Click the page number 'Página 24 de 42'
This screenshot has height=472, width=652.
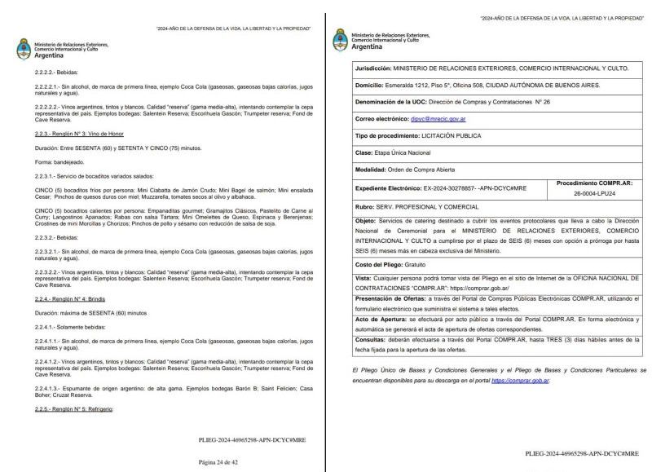[x=218, y=461]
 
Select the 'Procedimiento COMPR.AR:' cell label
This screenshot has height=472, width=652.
[x=593, y=183]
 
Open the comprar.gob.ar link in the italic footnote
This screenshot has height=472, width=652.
[x=520, y=381]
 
